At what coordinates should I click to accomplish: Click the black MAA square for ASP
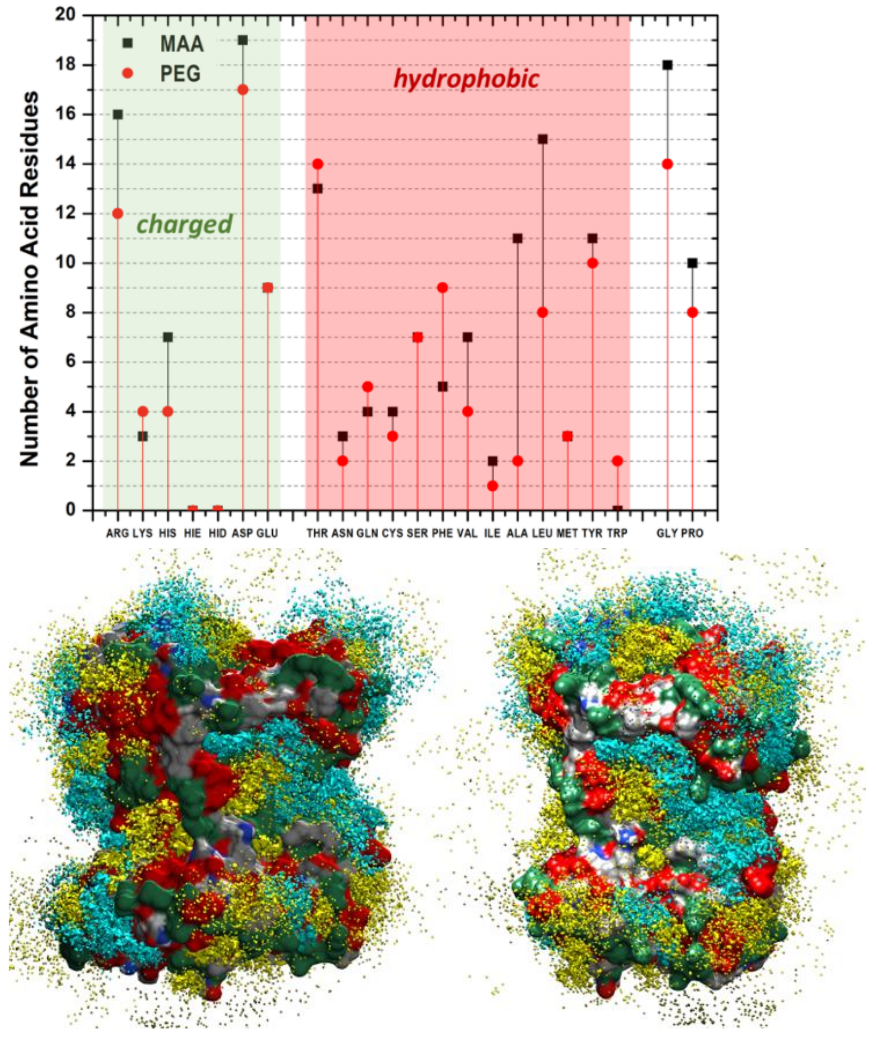243,40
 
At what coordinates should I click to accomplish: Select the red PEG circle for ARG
118,213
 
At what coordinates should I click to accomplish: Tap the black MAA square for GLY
668,65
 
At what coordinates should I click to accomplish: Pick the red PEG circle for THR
318,164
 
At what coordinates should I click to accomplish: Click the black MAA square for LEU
543,139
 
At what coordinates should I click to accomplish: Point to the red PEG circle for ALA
518,461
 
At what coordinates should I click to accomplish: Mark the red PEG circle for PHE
443,288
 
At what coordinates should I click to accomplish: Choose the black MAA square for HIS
168,337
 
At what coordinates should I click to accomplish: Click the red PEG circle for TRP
617,461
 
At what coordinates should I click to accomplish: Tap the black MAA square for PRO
692,263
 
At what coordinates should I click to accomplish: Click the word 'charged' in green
184,224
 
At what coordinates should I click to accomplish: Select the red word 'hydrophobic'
466,79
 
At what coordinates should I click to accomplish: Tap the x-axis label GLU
267,533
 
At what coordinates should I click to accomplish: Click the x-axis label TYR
592,533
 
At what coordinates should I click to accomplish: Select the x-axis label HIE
193,533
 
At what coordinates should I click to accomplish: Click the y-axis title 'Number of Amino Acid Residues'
29,278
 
